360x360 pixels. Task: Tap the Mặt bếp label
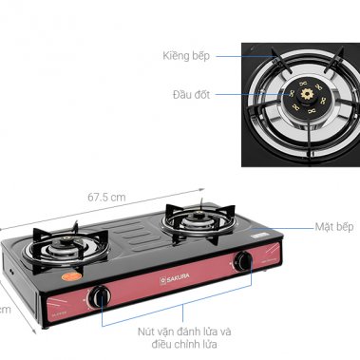334,228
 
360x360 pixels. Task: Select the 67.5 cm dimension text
107,197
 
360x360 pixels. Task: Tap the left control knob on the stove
100,297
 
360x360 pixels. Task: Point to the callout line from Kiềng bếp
228,56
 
